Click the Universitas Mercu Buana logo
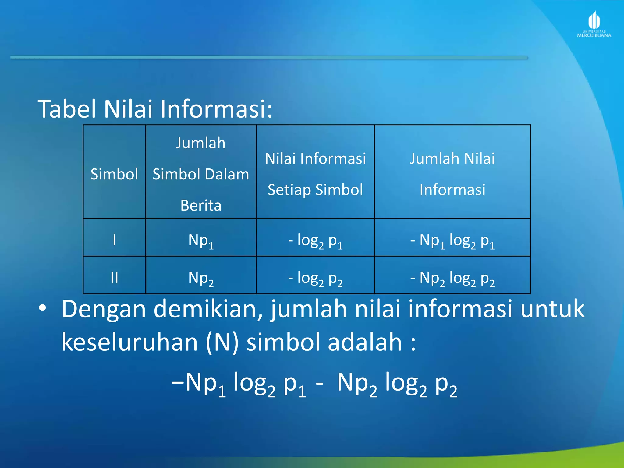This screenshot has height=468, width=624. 594,25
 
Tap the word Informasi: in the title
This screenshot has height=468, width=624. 216,109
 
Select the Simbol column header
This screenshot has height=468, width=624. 114,174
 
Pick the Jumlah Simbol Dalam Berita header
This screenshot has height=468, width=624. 201,174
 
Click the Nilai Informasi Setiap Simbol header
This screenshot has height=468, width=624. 315,174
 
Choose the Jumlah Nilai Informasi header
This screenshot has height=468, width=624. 452,174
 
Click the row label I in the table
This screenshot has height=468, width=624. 114,239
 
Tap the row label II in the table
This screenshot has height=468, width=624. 114,277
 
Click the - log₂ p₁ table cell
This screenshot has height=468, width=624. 315,241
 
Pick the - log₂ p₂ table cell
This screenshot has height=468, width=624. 315,278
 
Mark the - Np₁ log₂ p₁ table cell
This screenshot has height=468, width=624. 452,241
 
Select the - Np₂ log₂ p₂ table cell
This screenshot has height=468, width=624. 452,278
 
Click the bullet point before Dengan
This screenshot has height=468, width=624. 42,309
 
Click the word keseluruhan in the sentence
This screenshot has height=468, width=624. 130,342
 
